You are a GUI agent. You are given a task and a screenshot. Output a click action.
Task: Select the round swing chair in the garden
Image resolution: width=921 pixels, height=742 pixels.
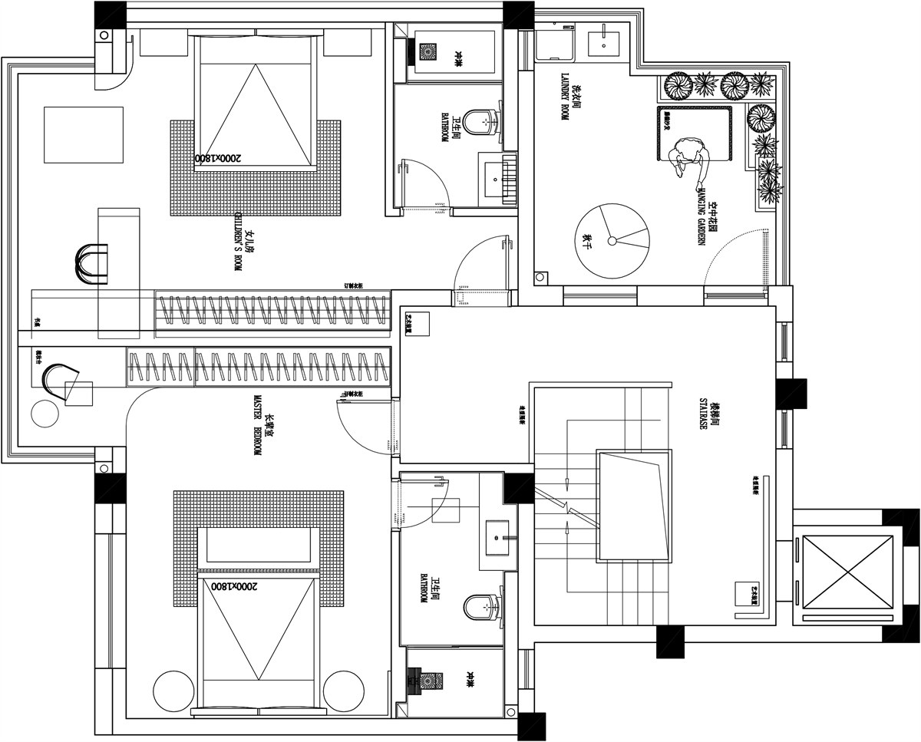[x=612, y=240]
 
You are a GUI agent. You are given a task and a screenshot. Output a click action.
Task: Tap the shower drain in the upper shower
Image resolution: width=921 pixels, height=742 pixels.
[x=427, y=51]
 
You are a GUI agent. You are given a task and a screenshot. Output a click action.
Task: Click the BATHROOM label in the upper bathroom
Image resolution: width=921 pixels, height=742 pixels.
[x=444, y=127]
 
